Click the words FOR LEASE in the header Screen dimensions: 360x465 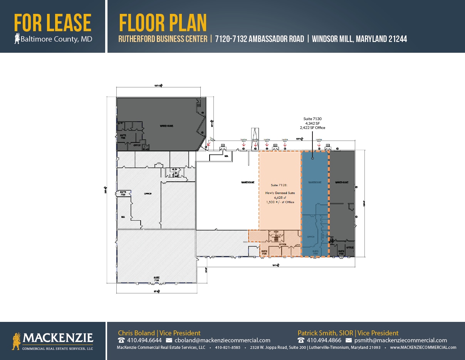[x=53, y=23]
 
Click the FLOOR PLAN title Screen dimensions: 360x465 [x=163, y=23]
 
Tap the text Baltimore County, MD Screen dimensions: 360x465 [x=56, y=39]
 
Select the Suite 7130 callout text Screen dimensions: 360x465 [x=312, y=119]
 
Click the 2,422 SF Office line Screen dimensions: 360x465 [x=312, y=127]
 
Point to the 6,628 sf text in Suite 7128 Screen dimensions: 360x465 [x=280, y=198]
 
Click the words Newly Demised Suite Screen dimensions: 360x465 [x=280, y=193]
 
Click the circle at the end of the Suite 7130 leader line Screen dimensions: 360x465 [x=312, y=158]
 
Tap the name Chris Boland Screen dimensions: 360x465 [x=136, y=333]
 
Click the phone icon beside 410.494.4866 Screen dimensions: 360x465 [x=301, y=340]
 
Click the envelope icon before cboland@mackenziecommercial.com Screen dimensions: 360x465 [x=169, y=340]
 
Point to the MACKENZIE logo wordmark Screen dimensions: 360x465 [x=58, y=338]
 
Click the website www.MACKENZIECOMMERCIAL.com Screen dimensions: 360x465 [x=423, y=347]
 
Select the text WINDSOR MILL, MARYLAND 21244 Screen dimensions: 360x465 [x=359, y=39]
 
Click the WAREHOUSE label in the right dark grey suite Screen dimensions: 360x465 [x=342, y=182]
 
